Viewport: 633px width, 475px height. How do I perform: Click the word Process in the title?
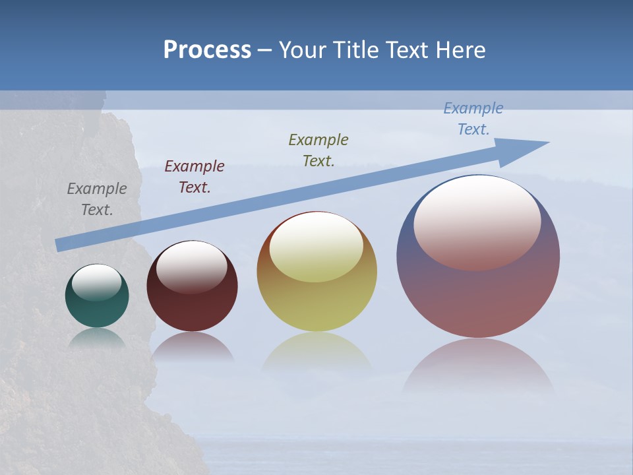coord(207,50)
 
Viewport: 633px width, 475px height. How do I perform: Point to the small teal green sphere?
coord(97,307)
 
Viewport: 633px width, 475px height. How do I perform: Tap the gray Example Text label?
coord(97,199)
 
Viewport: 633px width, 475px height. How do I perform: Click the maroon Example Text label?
coord(195,177)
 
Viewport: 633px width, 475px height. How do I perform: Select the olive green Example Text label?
coord(318,150)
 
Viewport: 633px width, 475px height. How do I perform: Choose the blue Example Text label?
coord(473,119)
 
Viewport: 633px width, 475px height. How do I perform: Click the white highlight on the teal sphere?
coord(97,282)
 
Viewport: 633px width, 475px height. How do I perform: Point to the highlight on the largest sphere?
coord(477,221)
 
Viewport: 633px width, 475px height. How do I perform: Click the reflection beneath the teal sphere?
coord(97,338)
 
